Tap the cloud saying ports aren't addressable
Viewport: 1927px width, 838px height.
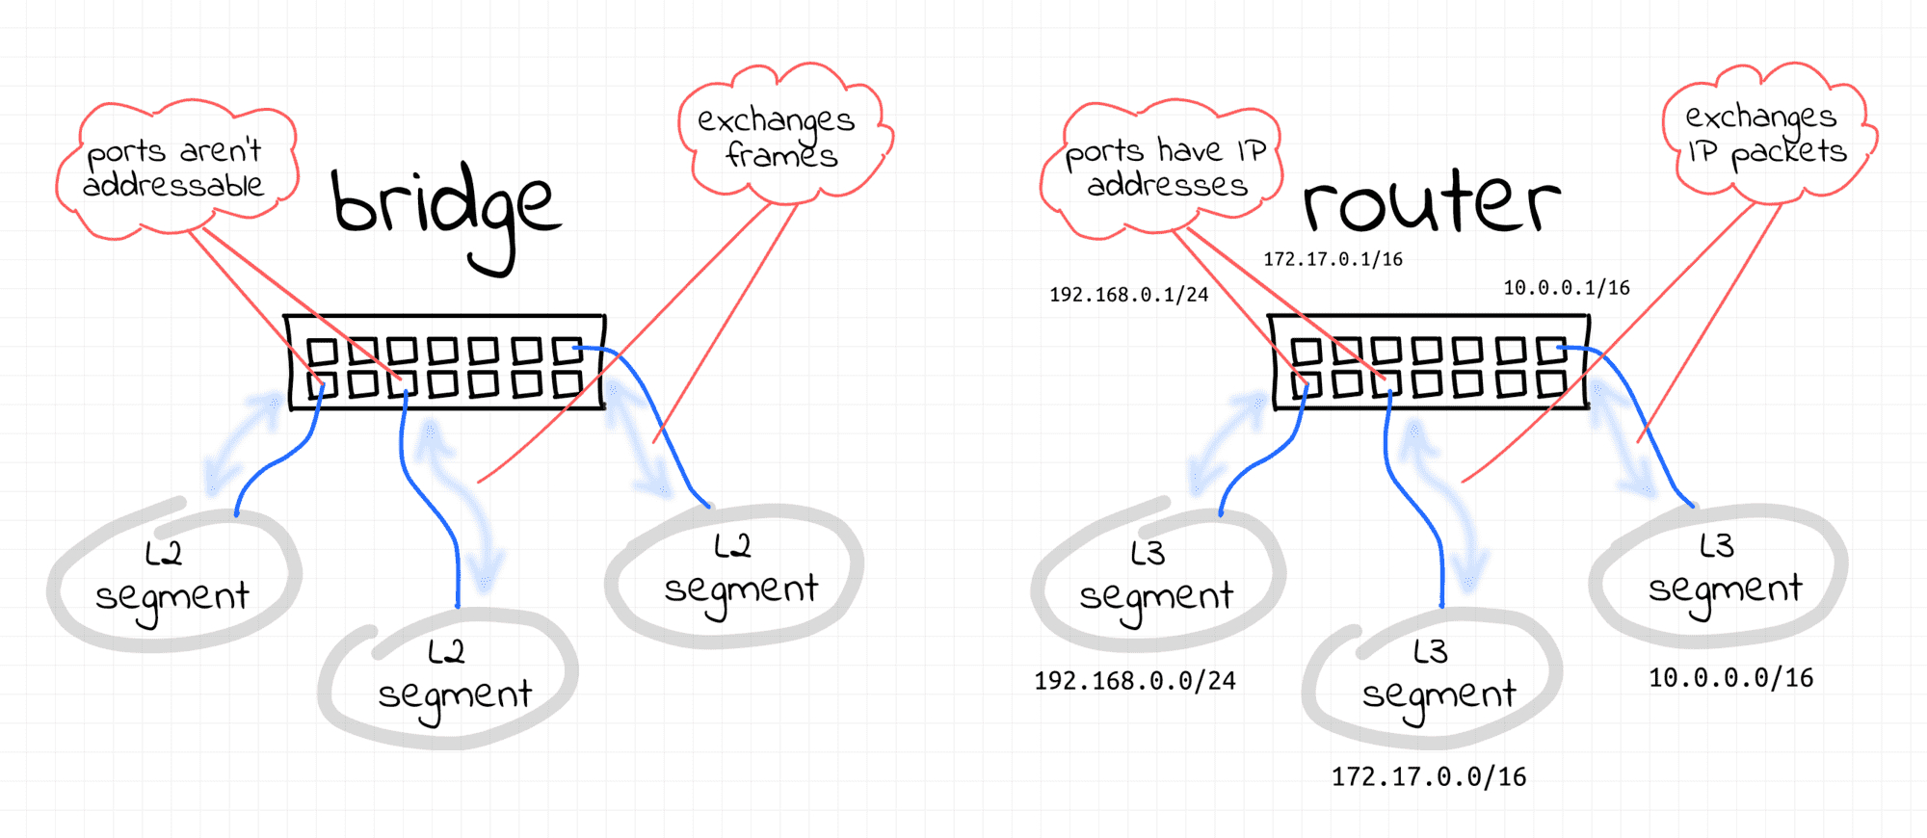coord(175,169)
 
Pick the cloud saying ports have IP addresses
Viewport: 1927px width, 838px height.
coord(1161,169)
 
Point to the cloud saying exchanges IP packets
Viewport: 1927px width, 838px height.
coord(1768,133)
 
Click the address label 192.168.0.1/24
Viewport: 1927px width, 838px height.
coord(1128,295)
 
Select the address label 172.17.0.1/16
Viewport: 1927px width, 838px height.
coord(1333,259)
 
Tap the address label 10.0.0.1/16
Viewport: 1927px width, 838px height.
coord(1567,288)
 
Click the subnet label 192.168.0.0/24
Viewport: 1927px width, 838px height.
coord(1135,681)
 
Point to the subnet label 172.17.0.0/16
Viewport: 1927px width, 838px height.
coord(1429,777)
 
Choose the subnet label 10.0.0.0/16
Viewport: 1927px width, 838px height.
coord(1730,678)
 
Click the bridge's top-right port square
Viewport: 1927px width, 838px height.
coord(568,350)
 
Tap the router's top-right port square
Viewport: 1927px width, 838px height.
coord(1552,350)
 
